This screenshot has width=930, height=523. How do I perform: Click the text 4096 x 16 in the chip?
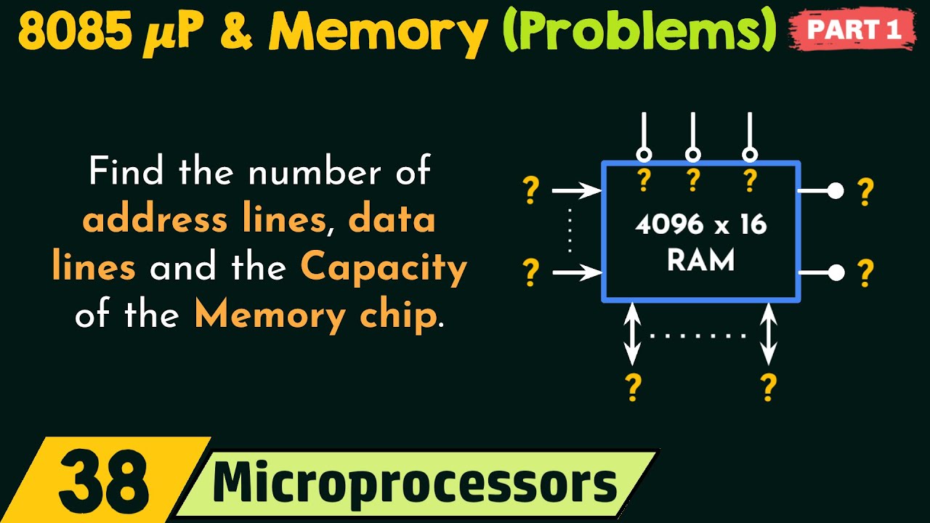701,224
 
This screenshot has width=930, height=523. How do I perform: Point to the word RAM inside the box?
701,260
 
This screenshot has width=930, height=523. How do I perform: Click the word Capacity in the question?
384,268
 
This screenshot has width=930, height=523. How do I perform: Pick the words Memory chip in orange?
316,316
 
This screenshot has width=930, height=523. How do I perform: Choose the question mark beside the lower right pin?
865,273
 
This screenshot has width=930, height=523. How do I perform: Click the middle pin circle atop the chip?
693,154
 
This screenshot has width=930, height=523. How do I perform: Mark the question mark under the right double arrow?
768,387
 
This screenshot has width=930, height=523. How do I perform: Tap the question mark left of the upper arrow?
531,191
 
